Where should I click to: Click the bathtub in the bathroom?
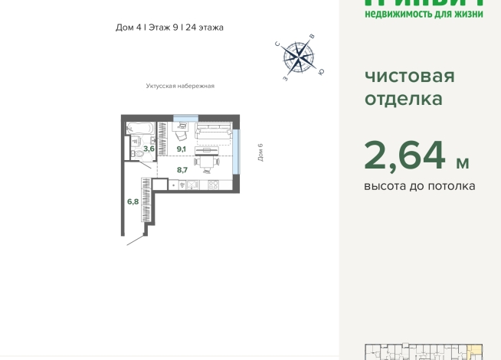click(x=141, y=127)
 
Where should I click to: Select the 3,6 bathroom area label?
click(x=149, y=149)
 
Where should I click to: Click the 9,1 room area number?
click(x=182, y=149)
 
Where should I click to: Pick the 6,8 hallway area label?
click(x=133, y=201)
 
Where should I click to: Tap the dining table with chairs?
click(x=207, y=161)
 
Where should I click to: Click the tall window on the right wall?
click(x=237, y=151)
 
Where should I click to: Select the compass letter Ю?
click(x=321, y=72)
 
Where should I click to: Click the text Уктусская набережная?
click(x=180, y=86)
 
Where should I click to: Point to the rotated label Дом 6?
click(x=260, y=152)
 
